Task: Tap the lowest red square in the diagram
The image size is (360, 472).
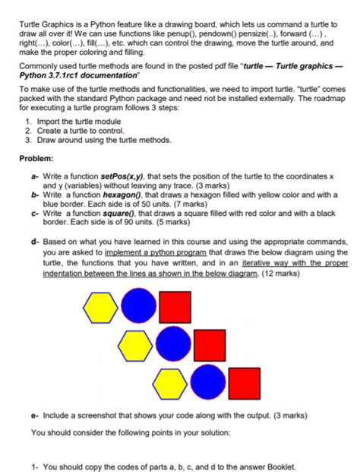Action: pos(245,382)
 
